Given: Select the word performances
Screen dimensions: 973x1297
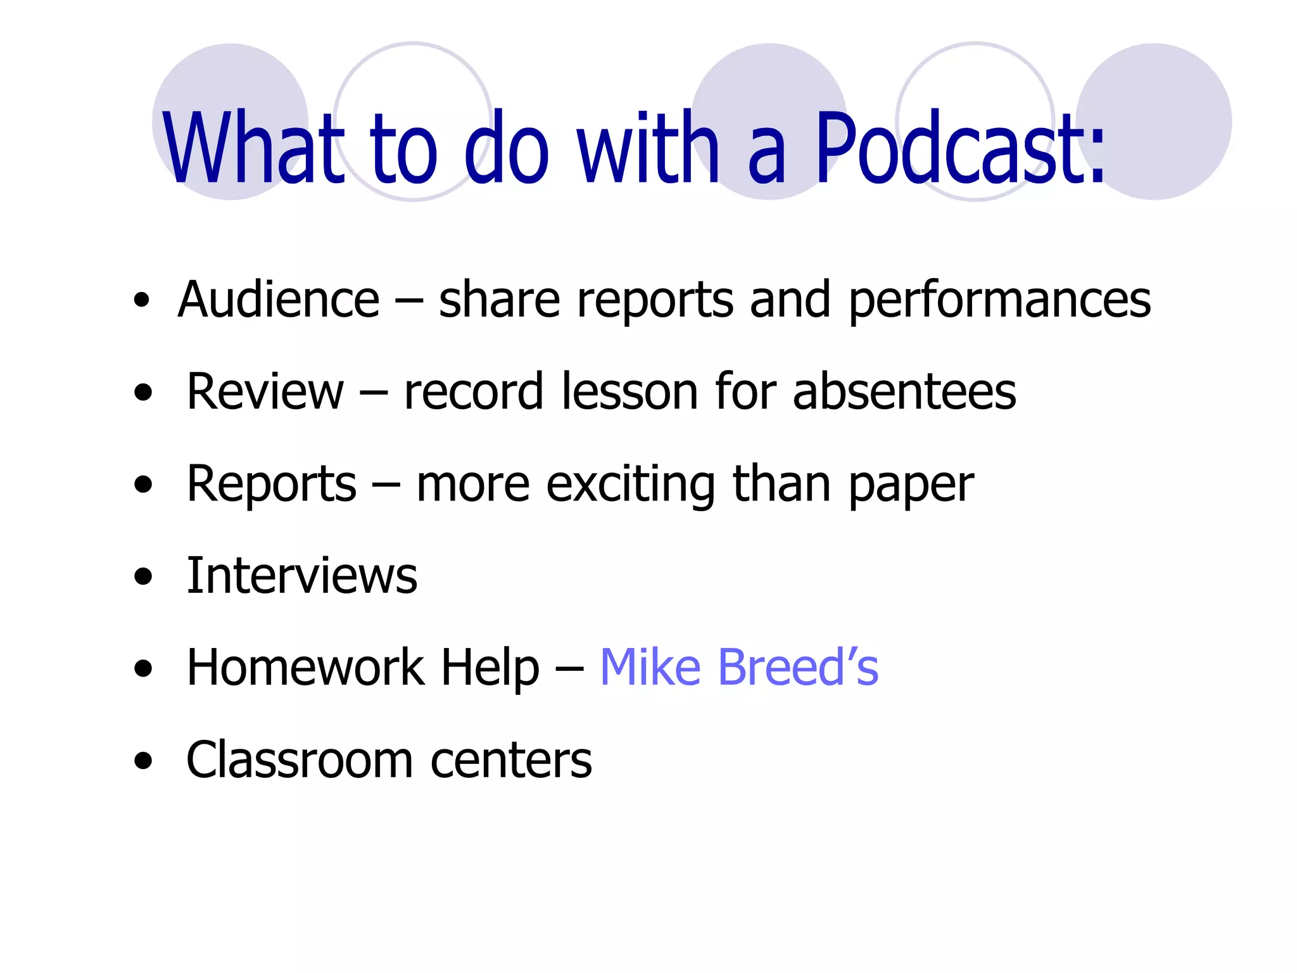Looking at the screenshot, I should coord(999,301).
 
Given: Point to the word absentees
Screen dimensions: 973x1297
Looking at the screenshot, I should coord(904,391).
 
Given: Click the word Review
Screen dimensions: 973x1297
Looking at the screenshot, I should coord(265,391).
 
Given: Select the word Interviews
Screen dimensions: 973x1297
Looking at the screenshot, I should coord(301,576).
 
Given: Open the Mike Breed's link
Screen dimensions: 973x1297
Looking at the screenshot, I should coord(738,668).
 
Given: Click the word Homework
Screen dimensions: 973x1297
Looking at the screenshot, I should coord(305,668).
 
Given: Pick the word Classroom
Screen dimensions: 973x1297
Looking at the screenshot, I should coord(299,760).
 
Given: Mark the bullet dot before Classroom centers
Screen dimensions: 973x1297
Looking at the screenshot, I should coord(144,760).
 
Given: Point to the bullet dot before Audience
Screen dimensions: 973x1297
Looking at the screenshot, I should coord(142,300).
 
